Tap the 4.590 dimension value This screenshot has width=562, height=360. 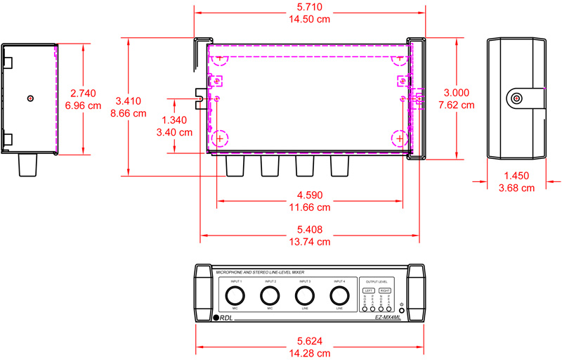coord(310,195)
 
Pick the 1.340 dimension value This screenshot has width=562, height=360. coord(174,120)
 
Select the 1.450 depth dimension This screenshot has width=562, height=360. coord(516,176)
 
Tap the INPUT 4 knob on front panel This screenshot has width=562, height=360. coord(340,294)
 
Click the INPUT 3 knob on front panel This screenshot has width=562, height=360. coord(305,294)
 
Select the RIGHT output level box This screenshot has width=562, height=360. coord(385,290)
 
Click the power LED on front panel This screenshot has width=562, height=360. coord(401,310)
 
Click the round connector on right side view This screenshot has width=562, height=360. coord(517,99)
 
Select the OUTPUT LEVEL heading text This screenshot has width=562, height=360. coord(377,281)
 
